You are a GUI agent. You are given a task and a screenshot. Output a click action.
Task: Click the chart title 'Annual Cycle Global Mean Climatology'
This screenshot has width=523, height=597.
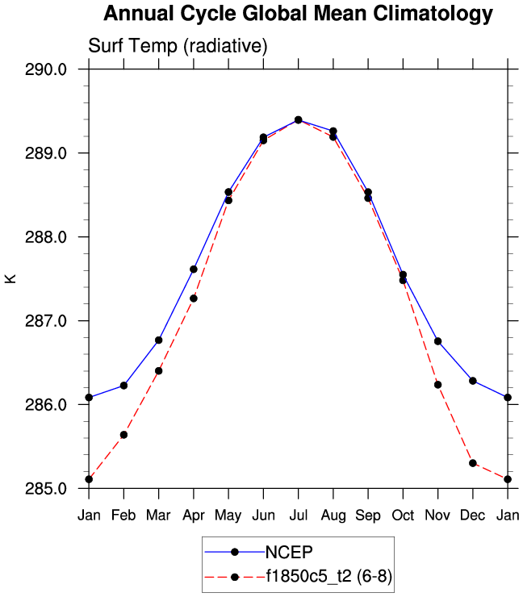click(298, 14)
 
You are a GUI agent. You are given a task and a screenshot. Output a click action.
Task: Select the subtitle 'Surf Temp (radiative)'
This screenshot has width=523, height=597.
click(178, 46)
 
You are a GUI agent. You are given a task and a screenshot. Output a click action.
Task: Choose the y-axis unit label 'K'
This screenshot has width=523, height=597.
click(10, 279)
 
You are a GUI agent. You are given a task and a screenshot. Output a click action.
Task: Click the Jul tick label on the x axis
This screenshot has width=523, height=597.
click(298, 516)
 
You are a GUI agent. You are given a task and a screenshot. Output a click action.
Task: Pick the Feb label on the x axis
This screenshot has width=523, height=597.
click(123, 516)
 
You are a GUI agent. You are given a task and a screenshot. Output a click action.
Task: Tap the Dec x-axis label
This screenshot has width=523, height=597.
click(473, 516)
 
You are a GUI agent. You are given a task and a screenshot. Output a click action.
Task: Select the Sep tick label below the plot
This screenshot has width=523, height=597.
click(368, 516)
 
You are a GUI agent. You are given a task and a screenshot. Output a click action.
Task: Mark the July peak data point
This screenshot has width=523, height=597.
click(298, 120)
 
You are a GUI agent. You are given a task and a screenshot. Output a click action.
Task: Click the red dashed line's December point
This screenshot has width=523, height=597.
click(473, 463)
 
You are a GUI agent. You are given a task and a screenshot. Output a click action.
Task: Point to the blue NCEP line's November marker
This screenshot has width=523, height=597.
click(437, 341)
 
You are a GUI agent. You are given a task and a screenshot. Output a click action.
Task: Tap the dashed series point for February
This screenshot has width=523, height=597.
click(123, 435)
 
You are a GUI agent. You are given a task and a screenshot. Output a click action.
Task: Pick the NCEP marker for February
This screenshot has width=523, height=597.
click(123, 386)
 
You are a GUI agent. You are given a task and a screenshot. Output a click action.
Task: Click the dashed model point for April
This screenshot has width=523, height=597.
click(194, 298)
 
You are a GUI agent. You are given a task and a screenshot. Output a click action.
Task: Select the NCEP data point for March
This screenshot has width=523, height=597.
click(159, 340)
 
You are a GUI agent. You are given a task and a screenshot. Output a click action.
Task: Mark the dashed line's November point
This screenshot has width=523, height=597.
click(437, 385)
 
